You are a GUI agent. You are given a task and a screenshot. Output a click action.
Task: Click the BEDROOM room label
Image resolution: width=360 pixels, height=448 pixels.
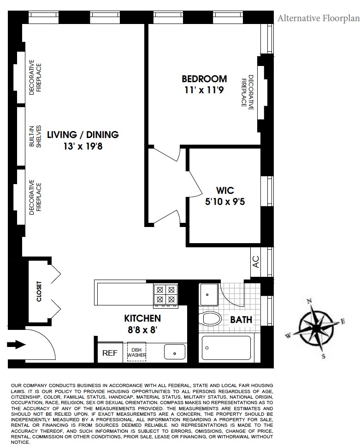(204, 79)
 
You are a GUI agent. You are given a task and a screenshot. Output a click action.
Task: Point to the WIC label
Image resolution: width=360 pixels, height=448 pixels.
(225, 191)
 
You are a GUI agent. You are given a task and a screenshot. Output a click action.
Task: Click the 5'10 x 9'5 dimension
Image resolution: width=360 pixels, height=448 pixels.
(225, 201)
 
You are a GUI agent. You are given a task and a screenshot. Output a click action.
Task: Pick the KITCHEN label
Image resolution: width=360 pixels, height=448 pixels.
(142, 318)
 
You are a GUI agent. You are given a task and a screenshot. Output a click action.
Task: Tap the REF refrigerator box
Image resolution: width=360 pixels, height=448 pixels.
(110, 353)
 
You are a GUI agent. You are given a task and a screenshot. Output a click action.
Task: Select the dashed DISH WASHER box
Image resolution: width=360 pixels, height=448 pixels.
(136, 352)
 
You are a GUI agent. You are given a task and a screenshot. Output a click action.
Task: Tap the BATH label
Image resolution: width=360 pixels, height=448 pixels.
(241, 319)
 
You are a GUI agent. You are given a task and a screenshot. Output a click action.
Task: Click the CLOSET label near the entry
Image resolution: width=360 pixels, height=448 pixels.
(39, 292)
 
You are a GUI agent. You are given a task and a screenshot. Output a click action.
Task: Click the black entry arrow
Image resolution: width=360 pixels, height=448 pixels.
(17, 345)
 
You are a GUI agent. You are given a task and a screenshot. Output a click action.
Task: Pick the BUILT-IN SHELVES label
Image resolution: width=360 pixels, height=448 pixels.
(35, 137)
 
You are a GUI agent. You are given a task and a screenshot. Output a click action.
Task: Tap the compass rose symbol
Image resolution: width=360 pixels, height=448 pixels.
(319, 329)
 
